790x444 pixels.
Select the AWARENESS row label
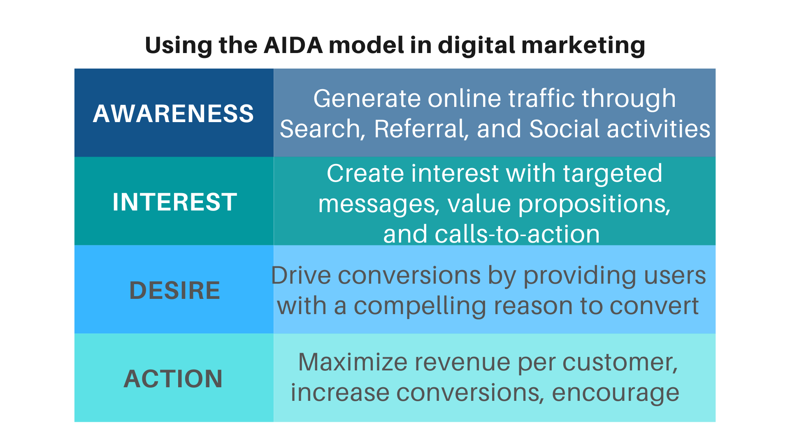pos(173,113)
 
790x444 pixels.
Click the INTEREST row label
pos(174,202)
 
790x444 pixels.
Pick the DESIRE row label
pos(174,290)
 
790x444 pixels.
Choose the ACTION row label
pos(173,379)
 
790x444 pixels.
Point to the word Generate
pos(367,99)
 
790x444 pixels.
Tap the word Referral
pos(422,129)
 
